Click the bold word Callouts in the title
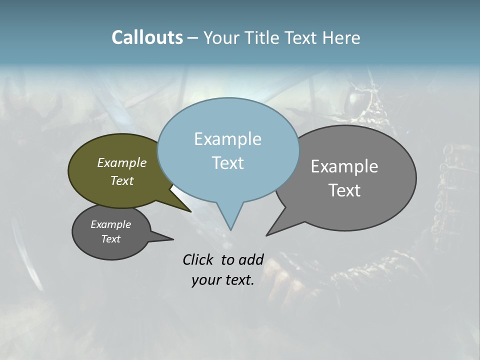[147, 37]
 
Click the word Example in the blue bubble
[227, 139]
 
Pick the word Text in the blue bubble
[227, 163]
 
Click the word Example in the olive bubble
[122, 162]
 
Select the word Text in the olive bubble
[122, 180]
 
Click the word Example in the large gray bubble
[344, 166]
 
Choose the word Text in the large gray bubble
[344, 190]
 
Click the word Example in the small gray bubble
[110, 224]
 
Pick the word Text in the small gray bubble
[110, 239]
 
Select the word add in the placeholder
[250, 259]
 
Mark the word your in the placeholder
[205, 280]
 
